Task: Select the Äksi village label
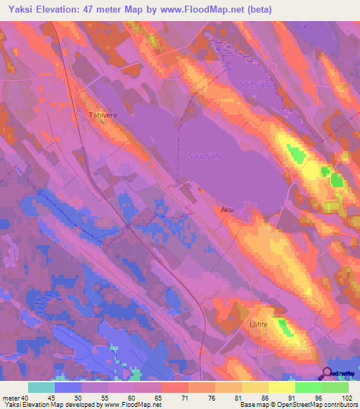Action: [223, 209]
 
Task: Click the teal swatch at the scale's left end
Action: [41, 387]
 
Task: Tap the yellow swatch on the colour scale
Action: [282, 387]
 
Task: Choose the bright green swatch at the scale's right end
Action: [335, 387]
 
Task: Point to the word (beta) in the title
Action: [257, 10]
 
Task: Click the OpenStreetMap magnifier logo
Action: [328, 373]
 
